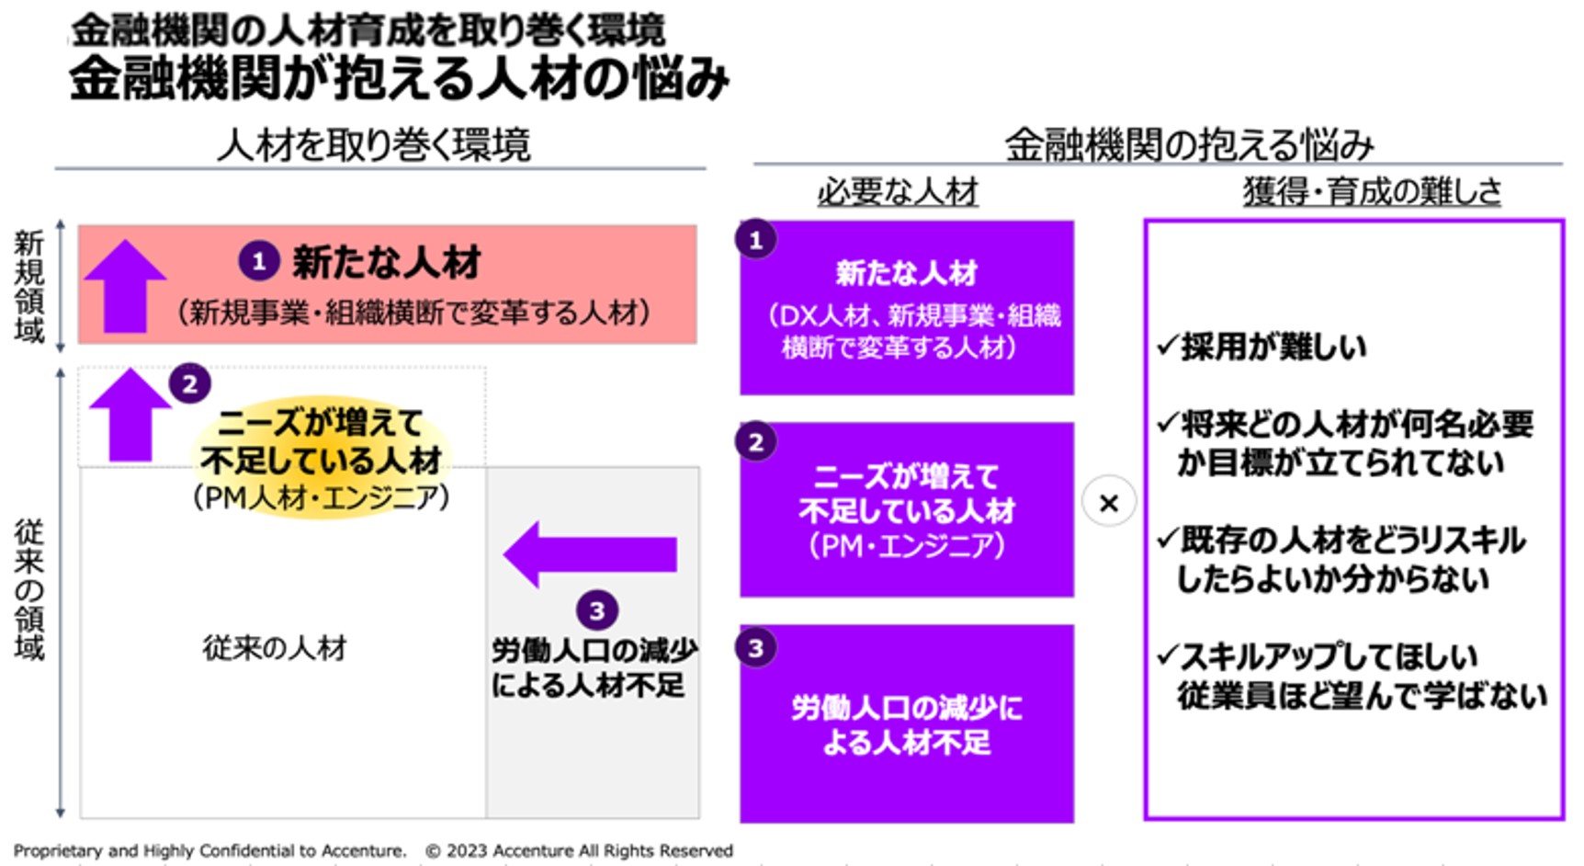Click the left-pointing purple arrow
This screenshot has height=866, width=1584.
(x=590, y=554)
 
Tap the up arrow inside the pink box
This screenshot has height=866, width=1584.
(x=125, y=286)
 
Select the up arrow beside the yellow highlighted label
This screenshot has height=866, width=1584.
(x=130, y=416)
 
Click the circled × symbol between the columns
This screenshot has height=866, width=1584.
(x=1109, y=503)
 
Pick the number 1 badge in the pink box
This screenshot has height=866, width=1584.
(x=259, y=261)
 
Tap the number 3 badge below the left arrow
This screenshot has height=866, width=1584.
(x=596, y=610)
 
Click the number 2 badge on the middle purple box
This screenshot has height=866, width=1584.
(x=756, y=442)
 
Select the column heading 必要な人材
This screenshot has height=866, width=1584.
(x=898, y=192)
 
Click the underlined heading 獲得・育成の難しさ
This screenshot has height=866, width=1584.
(x=1372, y=192)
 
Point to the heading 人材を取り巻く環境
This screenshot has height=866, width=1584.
(x=374, y=145)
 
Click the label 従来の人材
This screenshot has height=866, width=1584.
(x=275, y=648)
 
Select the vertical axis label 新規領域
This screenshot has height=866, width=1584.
(x=28, y=287)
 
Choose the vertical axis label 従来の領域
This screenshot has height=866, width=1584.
(x=28, y=589)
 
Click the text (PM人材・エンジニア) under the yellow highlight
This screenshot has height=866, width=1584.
(x=322, y=497)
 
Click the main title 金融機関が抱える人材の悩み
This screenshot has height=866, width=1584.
(x=399, y=78)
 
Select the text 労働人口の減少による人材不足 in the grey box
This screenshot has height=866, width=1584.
(x=593, y=667)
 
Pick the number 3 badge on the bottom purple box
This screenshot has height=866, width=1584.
(x=756, y=648)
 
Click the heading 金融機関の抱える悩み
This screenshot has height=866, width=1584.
(x=1189, y=145)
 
